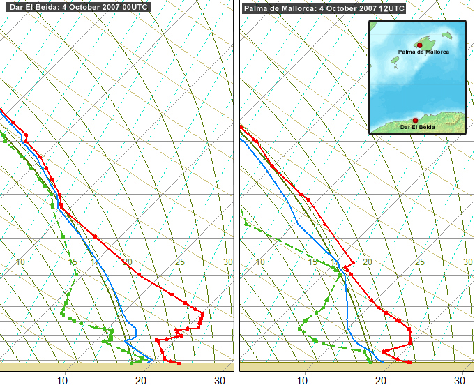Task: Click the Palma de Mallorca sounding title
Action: pos(324,8)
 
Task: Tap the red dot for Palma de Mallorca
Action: pos(419,45)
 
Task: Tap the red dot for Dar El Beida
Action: pos(415,120)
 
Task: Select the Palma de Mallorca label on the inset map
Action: pos(423,52)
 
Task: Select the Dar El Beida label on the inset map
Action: pos(419,128)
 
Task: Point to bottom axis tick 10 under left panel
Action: pos(63,380)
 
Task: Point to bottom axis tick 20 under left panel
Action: pos(141,380)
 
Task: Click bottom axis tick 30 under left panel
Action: pos(219,380)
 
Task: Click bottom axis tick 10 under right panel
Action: pos(302,380)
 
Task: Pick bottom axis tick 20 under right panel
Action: pos(381,380)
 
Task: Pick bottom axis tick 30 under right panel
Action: pos(459,380)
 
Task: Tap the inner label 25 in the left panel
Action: pos(180,262)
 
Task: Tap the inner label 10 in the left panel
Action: pos(21,262)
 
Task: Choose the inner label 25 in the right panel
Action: pos(420,262)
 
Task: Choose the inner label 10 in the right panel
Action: pos(260,262)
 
